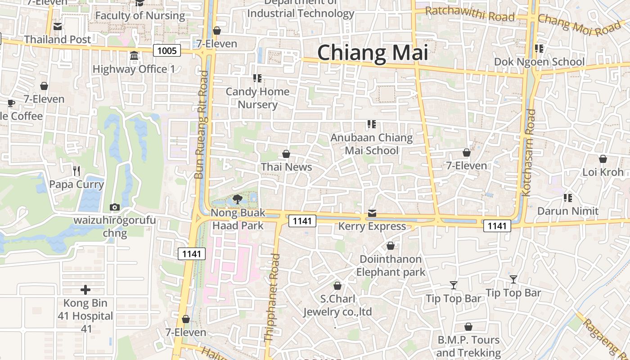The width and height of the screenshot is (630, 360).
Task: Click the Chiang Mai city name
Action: [373, 53]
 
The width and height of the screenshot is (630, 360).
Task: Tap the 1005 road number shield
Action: [167, 50]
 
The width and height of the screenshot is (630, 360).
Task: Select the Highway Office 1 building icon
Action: [134, 56]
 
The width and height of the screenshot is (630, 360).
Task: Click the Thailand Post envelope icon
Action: [58, 27]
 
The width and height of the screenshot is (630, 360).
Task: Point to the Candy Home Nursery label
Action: [257, 98]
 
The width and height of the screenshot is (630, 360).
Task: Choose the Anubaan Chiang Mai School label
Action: [372, 144]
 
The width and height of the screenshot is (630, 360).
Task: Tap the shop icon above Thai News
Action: [286, 154]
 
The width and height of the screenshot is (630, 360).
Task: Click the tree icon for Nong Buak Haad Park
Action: [238, 199]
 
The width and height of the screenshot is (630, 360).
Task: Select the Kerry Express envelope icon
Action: [372, 213]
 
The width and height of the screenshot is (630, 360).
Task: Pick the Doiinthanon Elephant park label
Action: [391, 265]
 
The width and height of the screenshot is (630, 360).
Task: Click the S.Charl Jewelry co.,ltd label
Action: [337, 305]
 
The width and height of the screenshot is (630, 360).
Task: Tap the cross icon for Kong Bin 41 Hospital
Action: [85, 290]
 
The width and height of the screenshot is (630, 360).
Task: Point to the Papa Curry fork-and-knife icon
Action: [76, 171]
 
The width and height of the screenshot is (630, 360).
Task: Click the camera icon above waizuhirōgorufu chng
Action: [115, 207]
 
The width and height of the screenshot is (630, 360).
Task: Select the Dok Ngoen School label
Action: [540, 62]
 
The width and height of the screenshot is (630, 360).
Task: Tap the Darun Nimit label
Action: [568, 211]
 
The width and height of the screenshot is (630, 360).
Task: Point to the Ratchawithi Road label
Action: [470, 14]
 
